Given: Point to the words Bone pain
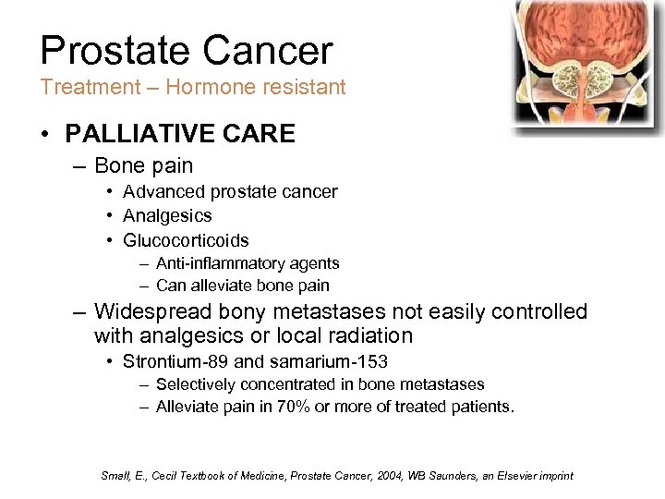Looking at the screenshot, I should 143,166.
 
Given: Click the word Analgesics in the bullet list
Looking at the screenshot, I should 167,216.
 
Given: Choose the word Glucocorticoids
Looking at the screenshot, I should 186,240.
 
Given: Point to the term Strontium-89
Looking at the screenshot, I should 173,361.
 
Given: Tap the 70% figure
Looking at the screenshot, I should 295,407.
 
